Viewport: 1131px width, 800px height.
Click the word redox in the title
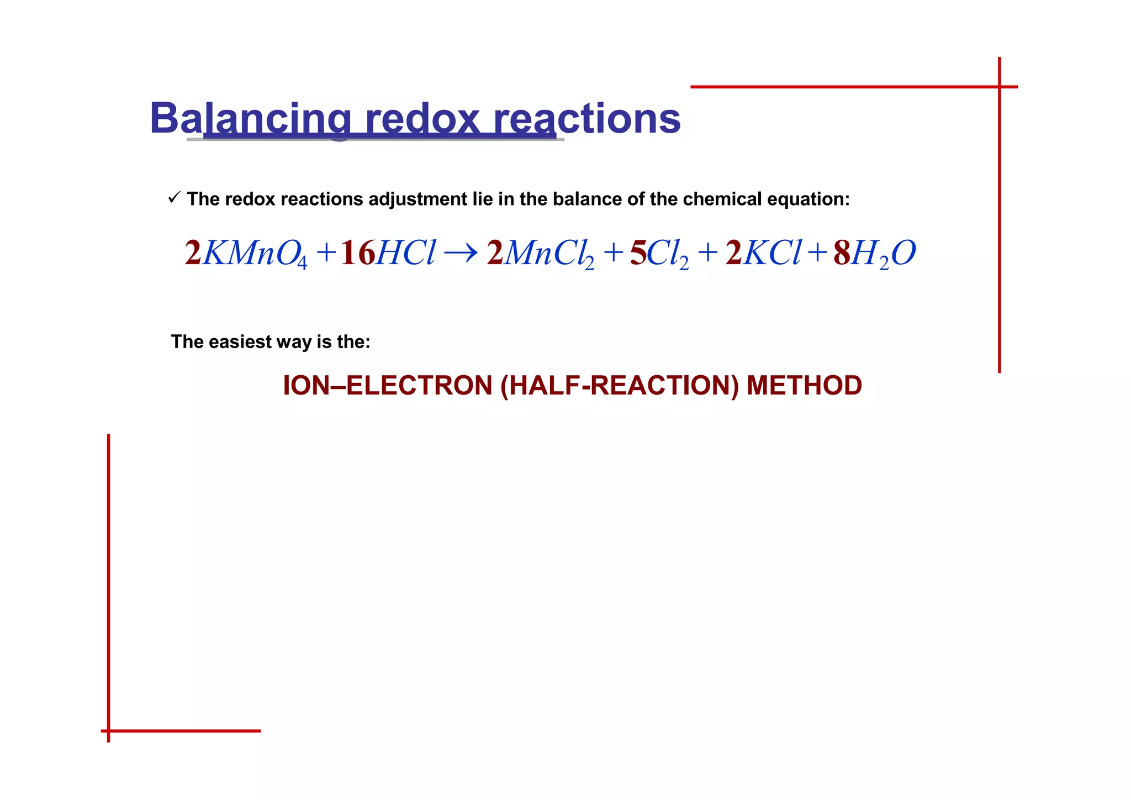click(422, 119)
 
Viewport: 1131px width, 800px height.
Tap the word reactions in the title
click(586, 119)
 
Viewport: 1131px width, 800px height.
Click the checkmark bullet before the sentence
click(174, 197)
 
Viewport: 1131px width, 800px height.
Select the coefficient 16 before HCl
click(357, 253)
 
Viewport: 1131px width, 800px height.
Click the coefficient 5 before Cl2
click(638, 253)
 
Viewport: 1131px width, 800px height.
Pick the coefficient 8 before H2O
click(842, 253)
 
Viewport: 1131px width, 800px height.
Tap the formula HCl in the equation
click(406, 253)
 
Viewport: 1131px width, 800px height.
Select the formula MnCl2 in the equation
click(549, 254)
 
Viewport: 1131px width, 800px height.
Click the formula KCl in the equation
click(771, 253)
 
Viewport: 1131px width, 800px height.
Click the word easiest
click(240, 342)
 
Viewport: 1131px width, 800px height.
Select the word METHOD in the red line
click(804, 386)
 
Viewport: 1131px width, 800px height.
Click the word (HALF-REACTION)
click(619, 386)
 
